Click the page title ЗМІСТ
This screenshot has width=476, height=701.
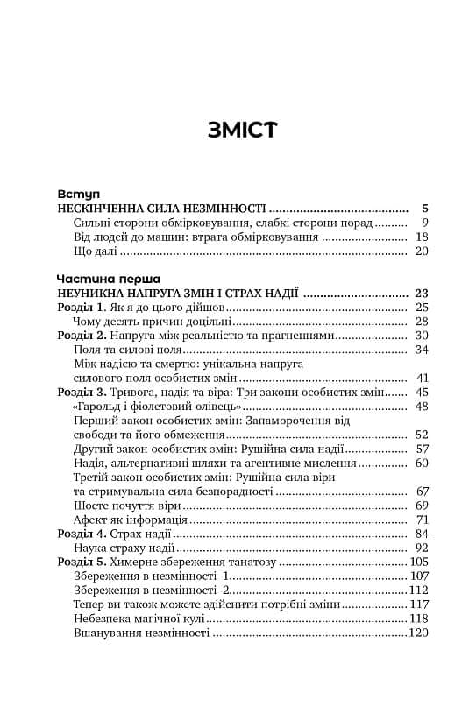point(243,130)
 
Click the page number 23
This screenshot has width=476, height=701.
point(421,292)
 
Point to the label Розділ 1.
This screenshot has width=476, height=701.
point(82,308)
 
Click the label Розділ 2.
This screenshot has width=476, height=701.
point(82,336)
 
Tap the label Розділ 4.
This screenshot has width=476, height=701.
point(82,534)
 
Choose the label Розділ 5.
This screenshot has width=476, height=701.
point(82,562)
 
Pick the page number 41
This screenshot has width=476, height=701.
point(421,378)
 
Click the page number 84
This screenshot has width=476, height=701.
point(421,534)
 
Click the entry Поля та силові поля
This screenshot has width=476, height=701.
point(124,350)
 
